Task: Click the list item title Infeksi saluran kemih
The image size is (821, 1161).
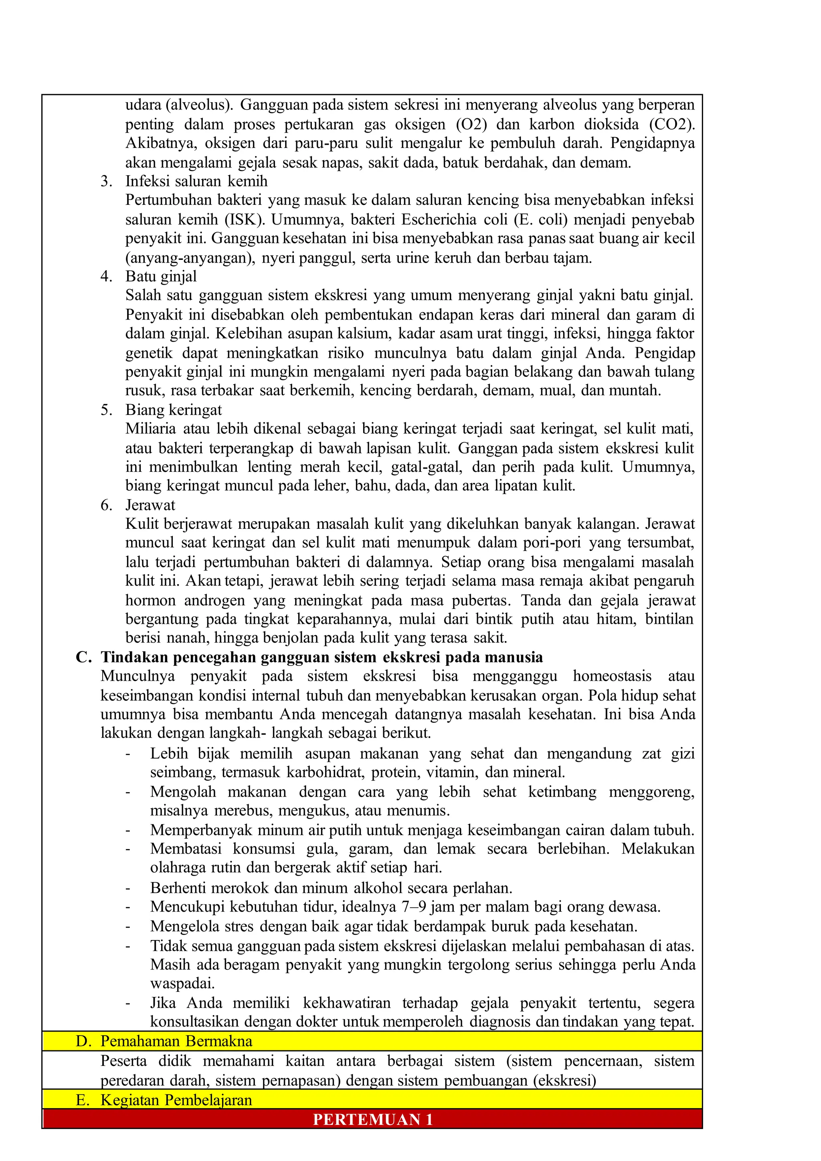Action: (196, 181)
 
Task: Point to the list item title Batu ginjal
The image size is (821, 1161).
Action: (161, 276)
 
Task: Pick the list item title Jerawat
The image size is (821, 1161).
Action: (150, 505)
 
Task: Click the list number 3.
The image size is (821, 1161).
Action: (106, 181)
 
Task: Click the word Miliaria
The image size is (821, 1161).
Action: (150, 429)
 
